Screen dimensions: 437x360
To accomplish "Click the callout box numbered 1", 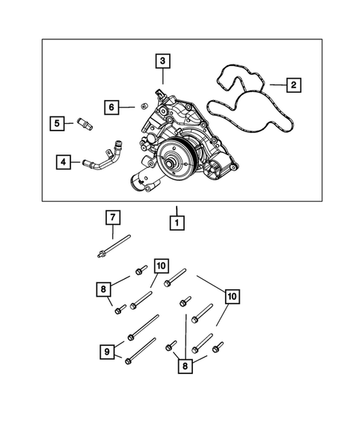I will (177, 221).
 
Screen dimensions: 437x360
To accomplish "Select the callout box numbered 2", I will (294, 86).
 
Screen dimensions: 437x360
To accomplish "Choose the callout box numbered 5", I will (56, 123).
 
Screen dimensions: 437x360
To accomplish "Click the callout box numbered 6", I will (111, 108).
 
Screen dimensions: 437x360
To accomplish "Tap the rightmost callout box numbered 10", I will (232, 297).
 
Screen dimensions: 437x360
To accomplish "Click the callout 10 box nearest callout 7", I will (161, 266).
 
